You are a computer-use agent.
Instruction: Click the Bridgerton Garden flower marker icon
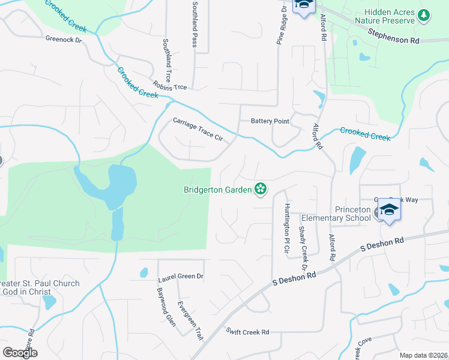pyautogui.click(x=261, y=190)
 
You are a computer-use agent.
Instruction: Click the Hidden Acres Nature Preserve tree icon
pyautogui.click(x=424, y=15)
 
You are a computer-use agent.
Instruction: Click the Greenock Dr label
pyautogui.click(x=63, y=38)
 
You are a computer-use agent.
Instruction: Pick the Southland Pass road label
pyautogui.click(x=194, y=24)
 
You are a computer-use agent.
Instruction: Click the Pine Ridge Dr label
pyautogui.click(x=280, y=27)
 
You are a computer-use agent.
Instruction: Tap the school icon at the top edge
pyautogui.click(x=303, y=7)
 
